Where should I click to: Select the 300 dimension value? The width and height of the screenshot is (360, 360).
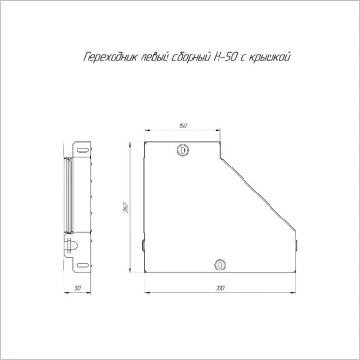(220, 288)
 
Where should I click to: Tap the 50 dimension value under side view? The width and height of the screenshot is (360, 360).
(77, 288)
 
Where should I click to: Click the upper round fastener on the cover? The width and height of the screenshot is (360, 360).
(183, 151)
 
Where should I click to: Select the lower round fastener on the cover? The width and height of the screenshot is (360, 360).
(219, 264)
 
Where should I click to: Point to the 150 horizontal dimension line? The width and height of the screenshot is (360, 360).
(183, 131)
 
